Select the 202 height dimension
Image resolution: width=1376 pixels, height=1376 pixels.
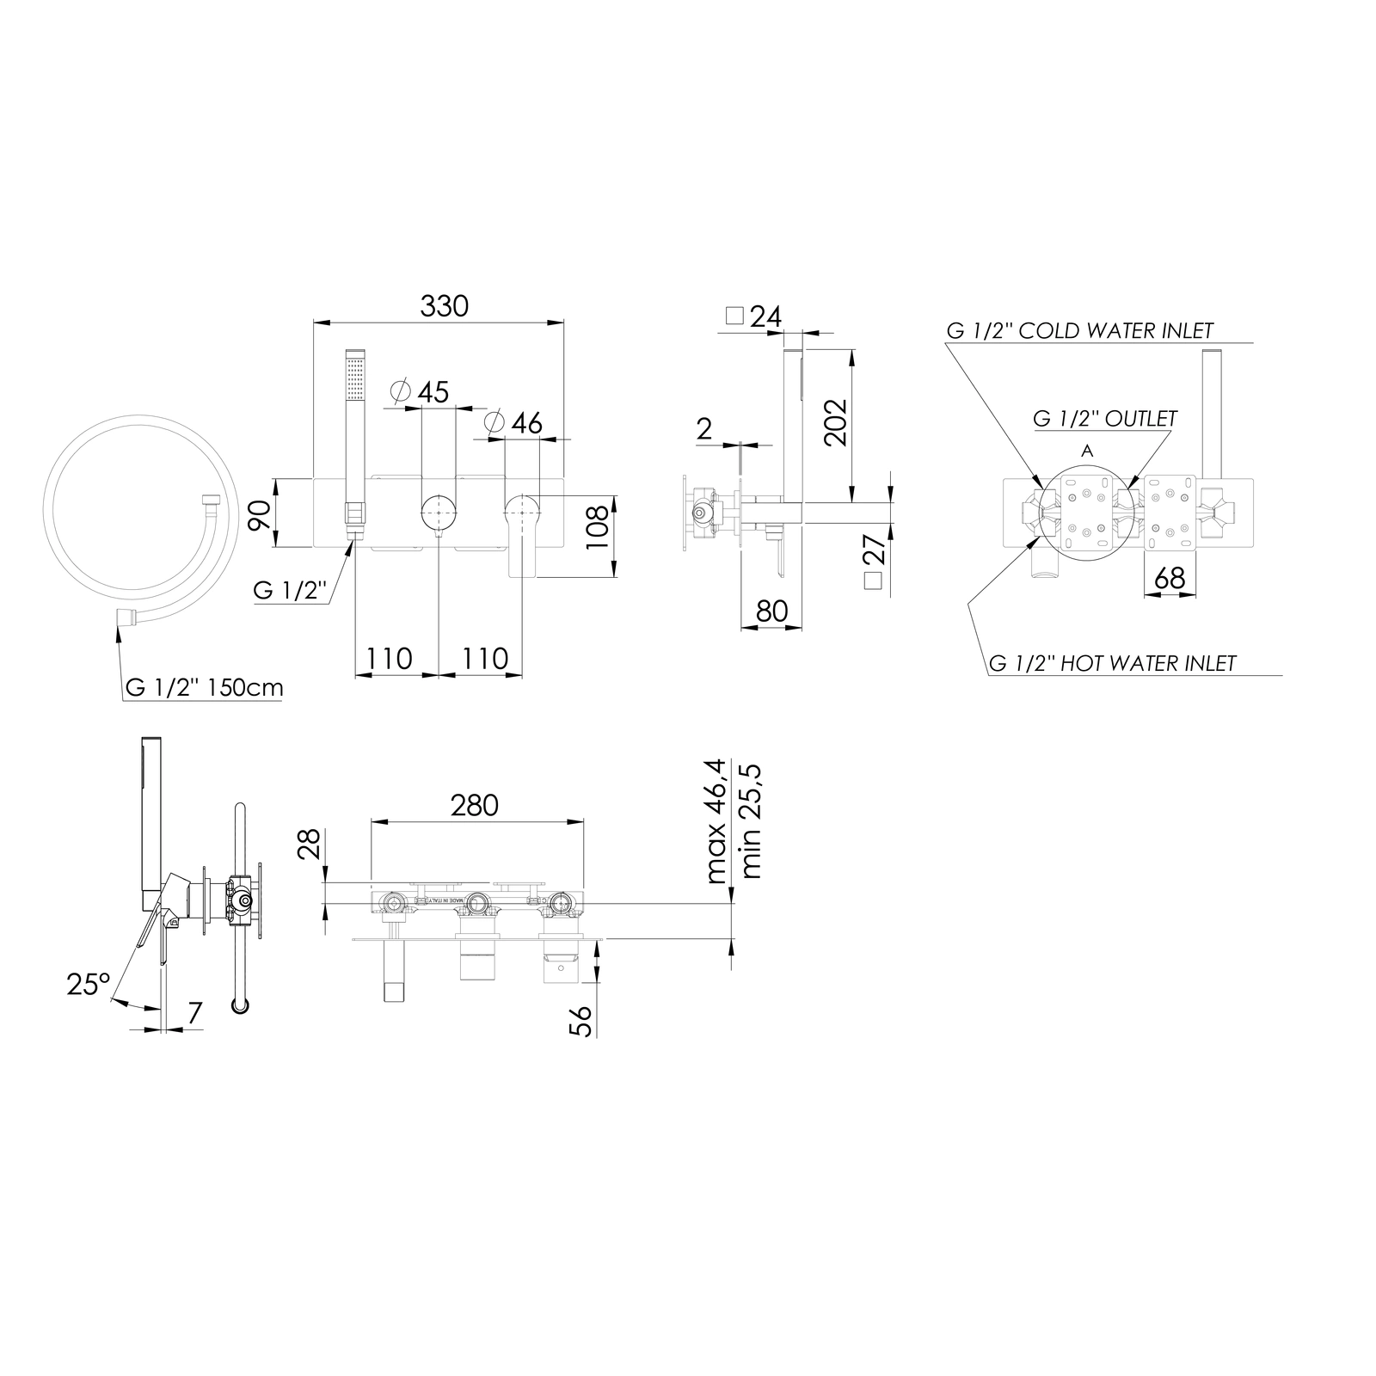coord(835,421)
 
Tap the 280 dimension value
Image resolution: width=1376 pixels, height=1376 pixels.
coord(475,805)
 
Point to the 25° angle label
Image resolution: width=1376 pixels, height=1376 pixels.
coord(89,984)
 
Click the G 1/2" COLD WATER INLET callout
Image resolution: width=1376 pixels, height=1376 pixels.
coord(1079,330)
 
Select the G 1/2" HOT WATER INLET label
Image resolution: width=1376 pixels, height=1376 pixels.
coord(1113,663)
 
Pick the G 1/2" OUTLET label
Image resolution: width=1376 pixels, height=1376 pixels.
coord(1105,418)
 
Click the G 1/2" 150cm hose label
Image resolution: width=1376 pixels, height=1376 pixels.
coord(204,688)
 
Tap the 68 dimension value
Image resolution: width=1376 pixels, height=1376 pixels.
coord(1170,578)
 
